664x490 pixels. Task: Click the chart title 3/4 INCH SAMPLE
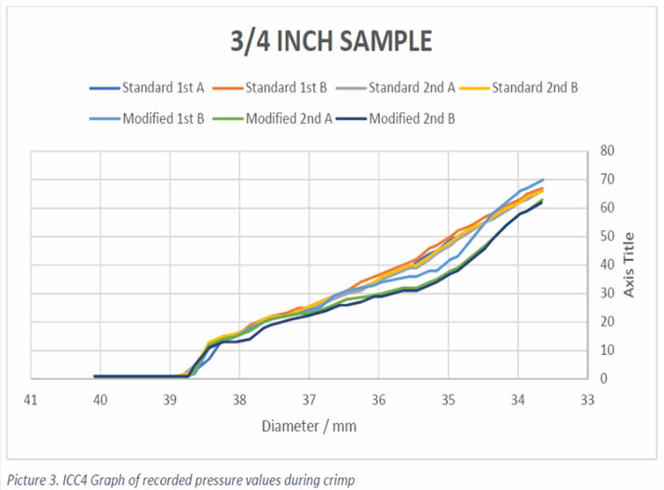pos(332,43)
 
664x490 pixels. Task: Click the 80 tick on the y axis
pos(605,150)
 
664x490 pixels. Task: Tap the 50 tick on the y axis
pos(605,236)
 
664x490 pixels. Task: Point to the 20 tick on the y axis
pos(605,321)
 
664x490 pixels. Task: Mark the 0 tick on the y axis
pos(603,378)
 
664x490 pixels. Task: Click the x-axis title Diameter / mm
pos(309,426)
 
